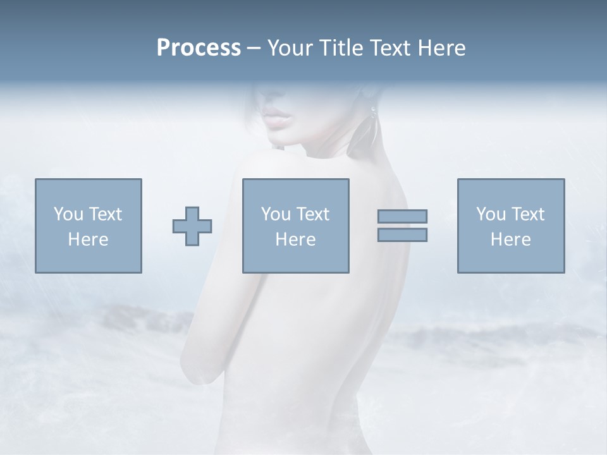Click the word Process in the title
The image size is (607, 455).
tap(199, 48)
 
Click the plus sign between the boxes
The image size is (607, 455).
tap(192, 226)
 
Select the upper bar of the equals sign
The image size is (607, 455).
tap(402, 216)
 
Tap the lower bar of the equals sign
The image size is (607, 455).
tap(402, 235)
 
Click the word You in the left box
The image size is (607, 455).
tap(68, 214)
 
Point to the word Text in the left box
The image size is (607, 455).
tap(105, 214)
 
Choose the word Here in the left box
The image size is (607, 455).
tap(88, 240)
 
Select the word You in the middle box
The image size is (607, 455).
tap(276, 214)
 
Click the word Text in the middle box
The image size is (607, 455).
tap(312, 214)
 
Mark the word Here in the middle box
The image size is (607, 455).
tap(295, 240)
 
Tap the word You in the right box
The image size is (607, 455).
tap(491, 214)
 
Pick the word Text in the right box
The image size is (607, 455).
tap(527, 214)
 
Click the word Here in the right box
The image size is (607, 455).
tap(510, 240)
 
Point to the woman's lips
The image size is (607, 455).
tap(276, 118)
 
